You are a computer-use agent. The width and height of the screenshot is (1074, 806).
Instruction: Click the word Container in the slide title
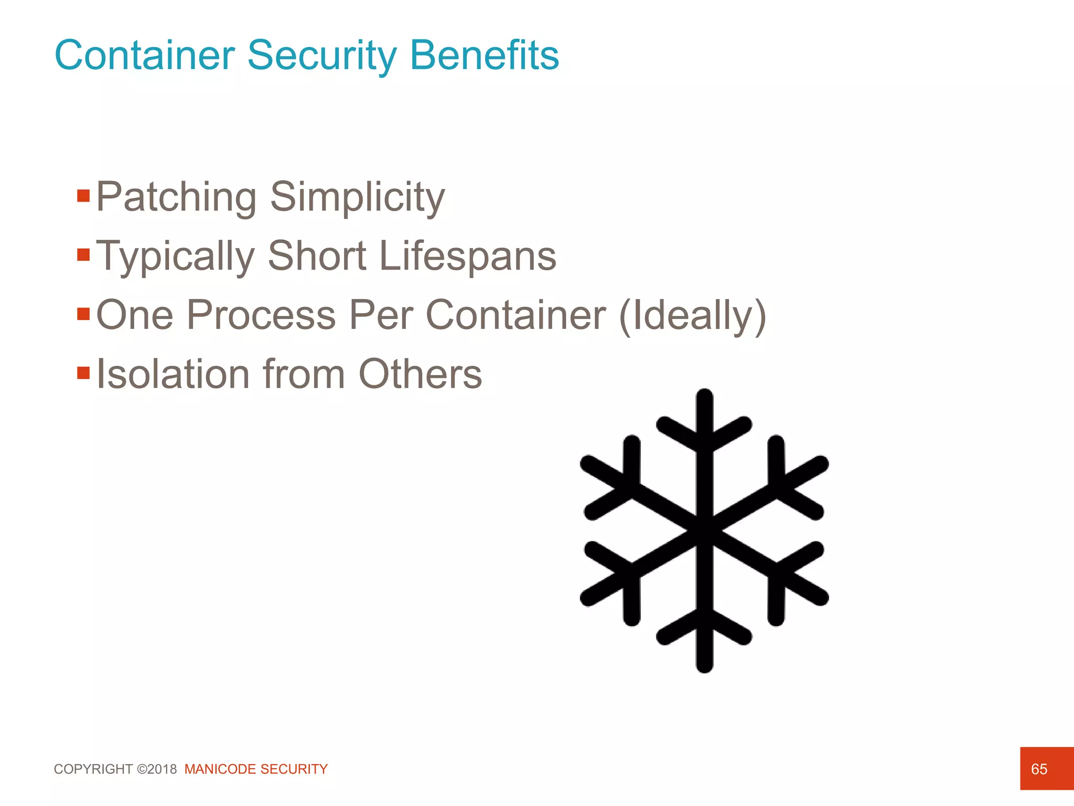pyautogui.click(x=145, y=55)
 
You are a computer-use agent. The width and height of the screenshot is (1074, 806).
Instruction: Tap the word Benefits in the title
pyautogui.click(x=485, y=55)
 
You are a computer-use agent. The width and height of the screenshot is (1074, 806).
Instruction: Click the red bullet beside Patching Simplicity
pyautogui.click(x=83, y=196)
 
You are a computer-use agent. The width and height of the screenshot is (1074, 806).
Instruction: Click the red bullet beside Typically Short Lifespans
pyautogui.click(x=83, y=255)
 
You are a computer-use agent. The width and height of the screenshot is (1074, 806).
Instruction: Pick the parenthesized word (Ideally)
pyautogui.click(x=693, y=316)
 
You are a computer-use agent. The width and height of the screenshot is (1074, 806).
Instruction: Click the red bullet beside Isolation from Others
pyautogui.click(x=83, y=373)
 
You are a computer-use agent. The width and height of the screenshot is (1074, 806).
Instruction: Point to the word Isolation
pyautogui.click(x=174, y=374)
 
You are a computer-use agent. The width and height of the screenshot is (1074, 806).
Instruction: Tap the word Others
pyautogui.click(x=420, y=374)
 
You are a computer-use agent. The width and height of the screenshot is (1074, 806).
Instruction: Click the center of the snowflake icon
pyautogui.click(x=704, y=531)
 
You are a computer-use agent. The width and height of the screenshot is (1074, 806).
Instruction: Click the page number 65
pyautogui.click(x=1039, y=769)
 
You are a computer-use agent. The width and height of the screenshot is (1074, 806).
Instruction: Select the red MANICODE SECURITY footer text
pyautogui.click(x=256, y=769)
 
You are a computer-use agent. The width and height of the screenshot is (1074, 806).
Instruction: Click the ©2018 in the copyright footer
pyautogui.click(x=157, y=769)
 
